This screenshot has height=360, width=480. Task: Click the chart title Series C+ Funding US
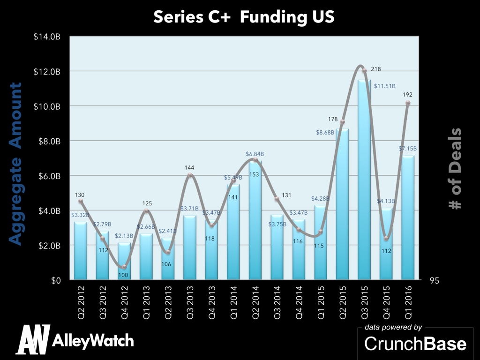pyautogui.click(x=244, y=17)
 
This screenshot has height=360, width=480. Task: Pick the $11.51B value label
pyautogui.click(x=386, y=86)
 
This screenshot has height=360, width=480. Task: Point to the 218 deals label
pyautogui.click(x=375, y=69)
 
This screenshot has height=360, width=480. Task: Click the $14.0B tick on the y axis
pyautogui.click(x=47, y=37)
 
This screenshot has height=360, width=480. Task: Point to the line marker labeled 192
pyautogui.click(x=408, y=103)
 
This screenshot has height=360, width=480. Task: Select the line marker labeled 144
pyautogui.click(x=190, y=175)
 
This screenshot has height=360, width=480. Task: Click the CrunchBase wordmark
pyautogui.click(x=415, y=344)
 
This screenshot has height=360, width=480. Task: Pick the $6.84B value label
pyautogui.click(x=255, y=154)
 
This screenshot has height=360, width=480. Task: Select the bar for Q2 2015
pyautogui.click(x=342, y=204)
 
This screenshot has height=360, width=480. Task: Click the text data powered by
pyautogui.click(x=393, y=327)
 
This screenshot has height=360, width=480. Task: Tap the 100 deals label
pyautogui.click(x=123, y=275)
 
